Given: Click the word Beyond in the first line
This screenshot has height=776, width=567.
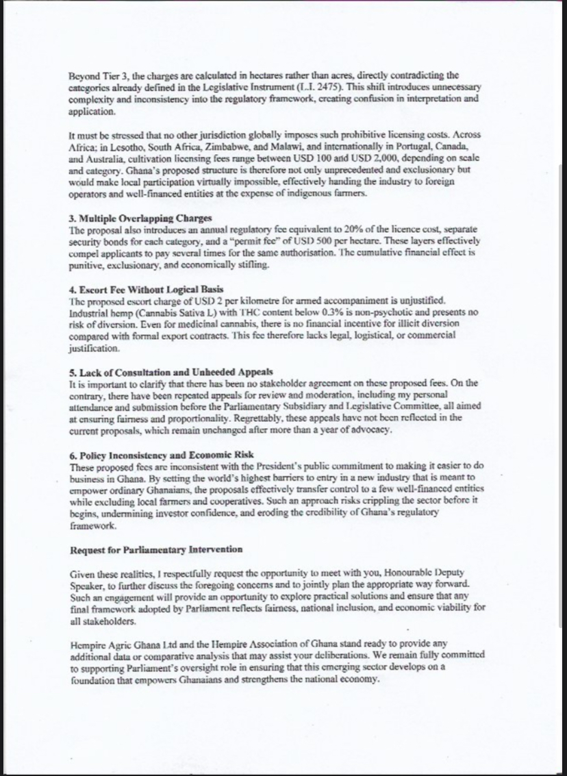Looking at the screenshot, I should pos(84,75).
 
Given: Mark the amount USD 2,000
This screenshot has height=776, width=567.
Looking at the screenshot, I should pos(355,159).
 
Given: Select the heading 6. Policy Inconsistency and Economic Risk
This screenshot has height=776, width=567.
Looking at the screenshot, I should pos(162,455).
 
